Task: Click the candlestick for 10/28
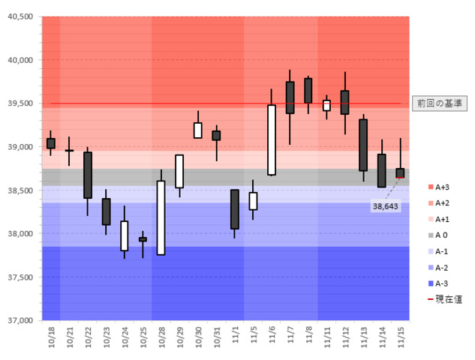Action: pyautogui.click(x=161, y=217)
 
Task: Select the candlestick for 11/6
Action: pyautogui.click(x=272, y=139)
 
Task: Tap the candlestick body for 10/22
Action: pyautogui.click(x=88, y=175)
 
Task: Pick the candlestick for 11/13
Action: pyautogui.click(x=363, y=145)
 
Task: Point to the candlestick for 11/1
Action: pyautogui.click(x=235, y=209)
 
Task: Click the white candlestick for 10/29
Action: pyautogui.click(x=179, y=171)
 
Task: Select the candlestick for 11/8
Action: pyautogui.click(x=308, y=90)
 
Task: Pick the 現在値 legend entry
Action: pyautogui.click(x=441, y=298)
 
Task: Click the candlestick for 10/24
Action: pyautogui.click(x=125, y=235)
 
